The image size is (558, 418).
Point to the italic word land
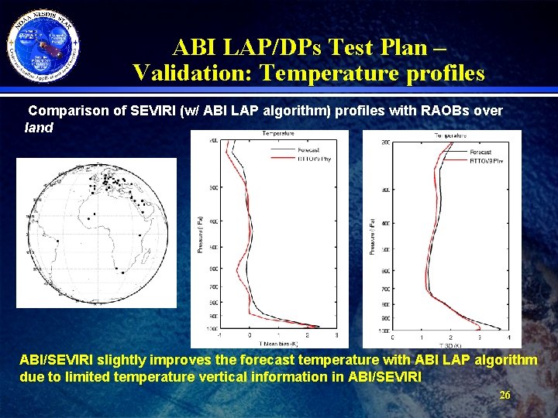coord(39,128)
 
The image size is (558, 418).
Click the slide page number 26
coord(505,396)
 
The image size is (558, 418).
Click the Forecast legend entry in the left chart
coord(308,150)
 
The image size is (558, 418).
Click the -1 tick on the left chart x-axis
coord(221,335)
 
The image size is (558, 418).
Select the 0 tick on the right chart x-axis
coord(392,337)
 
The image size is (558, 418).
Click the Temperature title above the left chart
coord(277,134)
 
